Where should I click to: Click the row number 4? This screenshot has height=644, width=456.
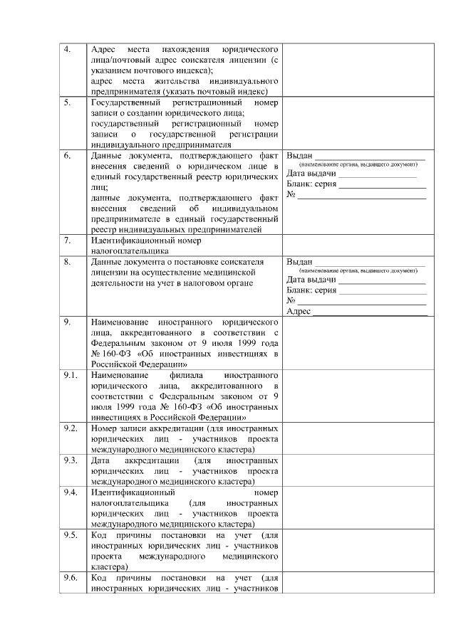point(67,49)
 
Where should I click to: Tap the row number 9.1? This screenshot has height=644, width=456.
point(71,374)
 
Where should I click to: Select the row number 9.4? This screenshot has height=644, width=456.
point(71,492)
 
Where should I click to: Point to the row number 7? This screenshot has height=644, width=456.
point(67,240)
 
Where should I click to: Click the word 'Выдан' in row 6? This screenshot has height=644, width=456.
point(299,155)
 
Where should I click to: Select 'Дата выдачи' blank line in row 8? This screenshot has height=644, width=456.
point(382,280)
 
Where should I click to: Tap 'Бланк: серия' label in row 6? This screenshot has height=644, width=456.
point(311,184)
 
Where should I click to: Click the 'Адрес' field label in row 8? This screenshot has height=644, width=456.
point(299,312)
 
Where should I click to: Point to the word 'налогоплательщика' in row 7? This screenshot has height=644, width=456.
point(130,250)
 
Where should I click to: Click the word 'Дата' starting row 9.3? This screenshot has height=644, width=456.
point(103,460)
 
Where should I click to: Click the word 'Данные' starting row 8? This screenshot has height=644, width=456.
point(108,261)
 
